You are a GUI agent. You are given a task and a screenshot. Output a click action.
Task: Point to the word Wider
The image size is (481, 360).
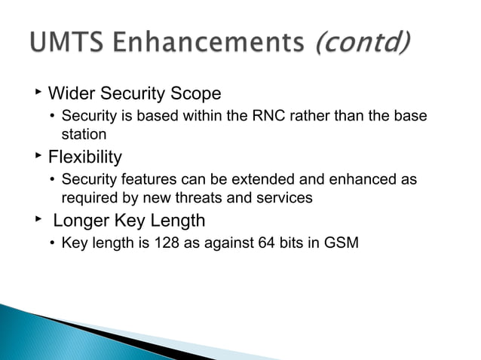(x=71, y=94)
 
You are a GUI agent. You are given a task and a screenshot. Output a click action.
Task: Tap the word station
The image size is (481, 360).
(x=84, y=134)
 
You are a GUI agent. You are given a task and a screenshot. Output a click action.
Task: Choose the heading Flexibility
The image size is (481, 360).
(x=84, y=157)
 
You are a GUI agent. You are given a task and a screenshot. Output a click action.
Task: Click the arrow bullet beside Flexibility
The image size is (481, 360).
(x=36, y=156)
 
